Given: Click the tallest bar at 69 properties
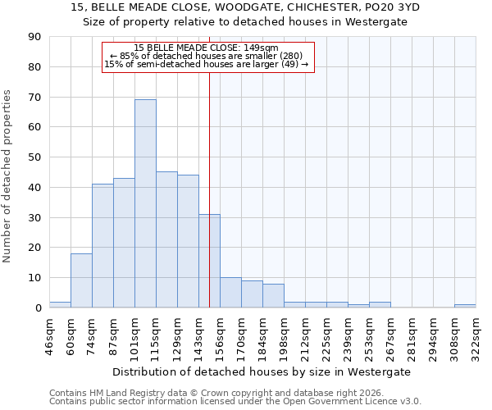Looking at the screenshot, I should pyautogui.click(x=145, y=203).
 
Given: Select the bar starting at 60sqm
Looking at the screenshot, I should pyautogui.click(x=81, y=280).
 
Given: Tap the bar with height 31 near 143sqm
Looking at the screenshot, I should pyautogui.click(x=209, y=261).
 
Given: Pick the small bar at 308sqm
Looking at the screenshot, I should pyautogui.click(x=465, y=306).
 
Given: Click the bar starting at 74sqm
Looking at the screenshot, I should pyautogui.click(x=102, y=246).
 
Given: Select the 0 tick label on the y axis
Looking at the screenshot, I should pyautogui.click(x=39, y=307).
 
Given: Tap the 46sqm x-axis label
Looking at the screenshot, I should pyautogui.click(x=49, y=334).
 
